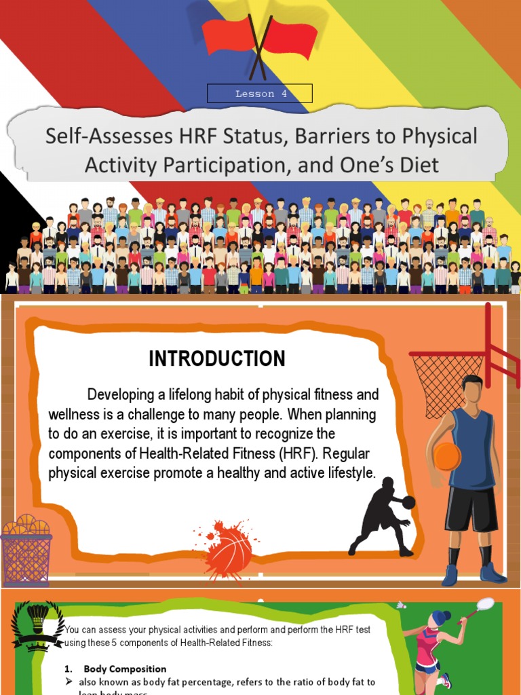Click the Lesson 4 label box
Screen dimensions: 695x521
pos(260,94)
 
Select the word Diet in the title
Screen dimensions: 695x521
pos(417,165)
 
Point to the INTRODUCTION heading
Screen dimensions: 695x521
pos(217,359)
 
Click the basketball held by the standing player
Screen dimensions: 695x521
pos(446,457)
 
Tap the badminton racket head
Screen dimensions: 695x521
pos(485,604)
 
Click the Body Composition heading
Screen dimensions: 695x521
pos(125,669)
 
